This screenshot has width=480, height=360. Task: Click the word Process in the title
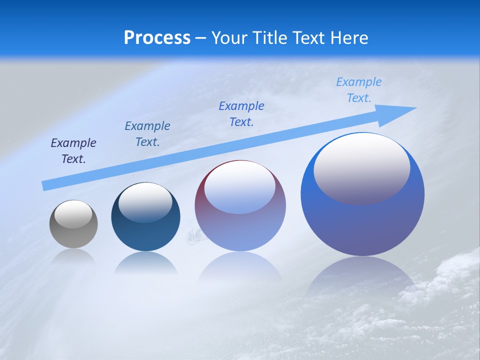click(x=157, y=38)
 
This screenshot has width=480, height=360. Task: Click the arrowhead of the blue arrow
click(x=402, y=109)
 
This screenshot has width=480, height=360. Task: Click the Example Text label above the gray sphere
click(x=73, y=151)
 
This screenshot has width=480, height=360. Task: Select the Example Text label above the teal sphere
click(x=147, y=134)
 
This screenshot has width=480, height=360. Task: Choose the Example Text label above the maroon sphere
click(x=241, y=114)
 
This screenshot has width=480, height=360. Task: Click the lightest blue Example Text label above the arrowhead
click(x=359, y=90)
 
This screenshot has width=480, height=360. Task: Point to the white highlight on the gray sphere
click(x=73, y=214)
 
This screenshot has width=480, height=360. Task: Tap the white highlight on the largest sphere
click(x=362, y=167)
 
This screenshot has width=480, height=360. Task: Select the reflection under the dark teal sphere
click(x=145, y=263)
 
